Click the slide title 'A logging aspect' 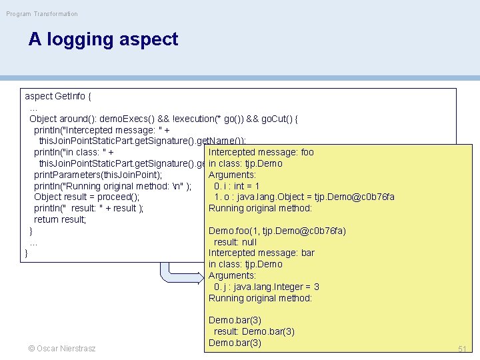pyautogui.click(x=103, y=39)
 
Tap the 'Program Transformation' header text pyautogui.click(x=42, y=13)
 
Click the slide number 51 pyautogui.click(x=462, y=349)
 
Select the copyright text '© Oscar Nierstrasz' pyautogui.click(x=61, y=349)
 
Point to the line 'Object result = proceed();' pyautogui.click(x=87, y=197)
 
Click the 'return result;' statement pyautogui.click(x=60, y=219)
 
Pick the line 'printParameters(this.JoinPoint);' pyautogui.click(x=98, y=175)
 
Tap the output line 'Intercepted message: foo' pyautogui.click(x=261, y=152)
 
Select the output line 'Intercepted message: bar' pyautogui.click(x=261, y=253)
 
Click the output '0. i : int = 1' pyautogui.click(x=237, y=186)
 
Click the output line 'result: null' pyautogui.click(x=235, y=242)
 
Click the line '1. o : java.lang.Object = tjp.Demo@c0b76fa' pyautogui.click(x=304, y=197)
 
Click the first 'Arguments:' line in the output pyautogui.click(x=232, y=175)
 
